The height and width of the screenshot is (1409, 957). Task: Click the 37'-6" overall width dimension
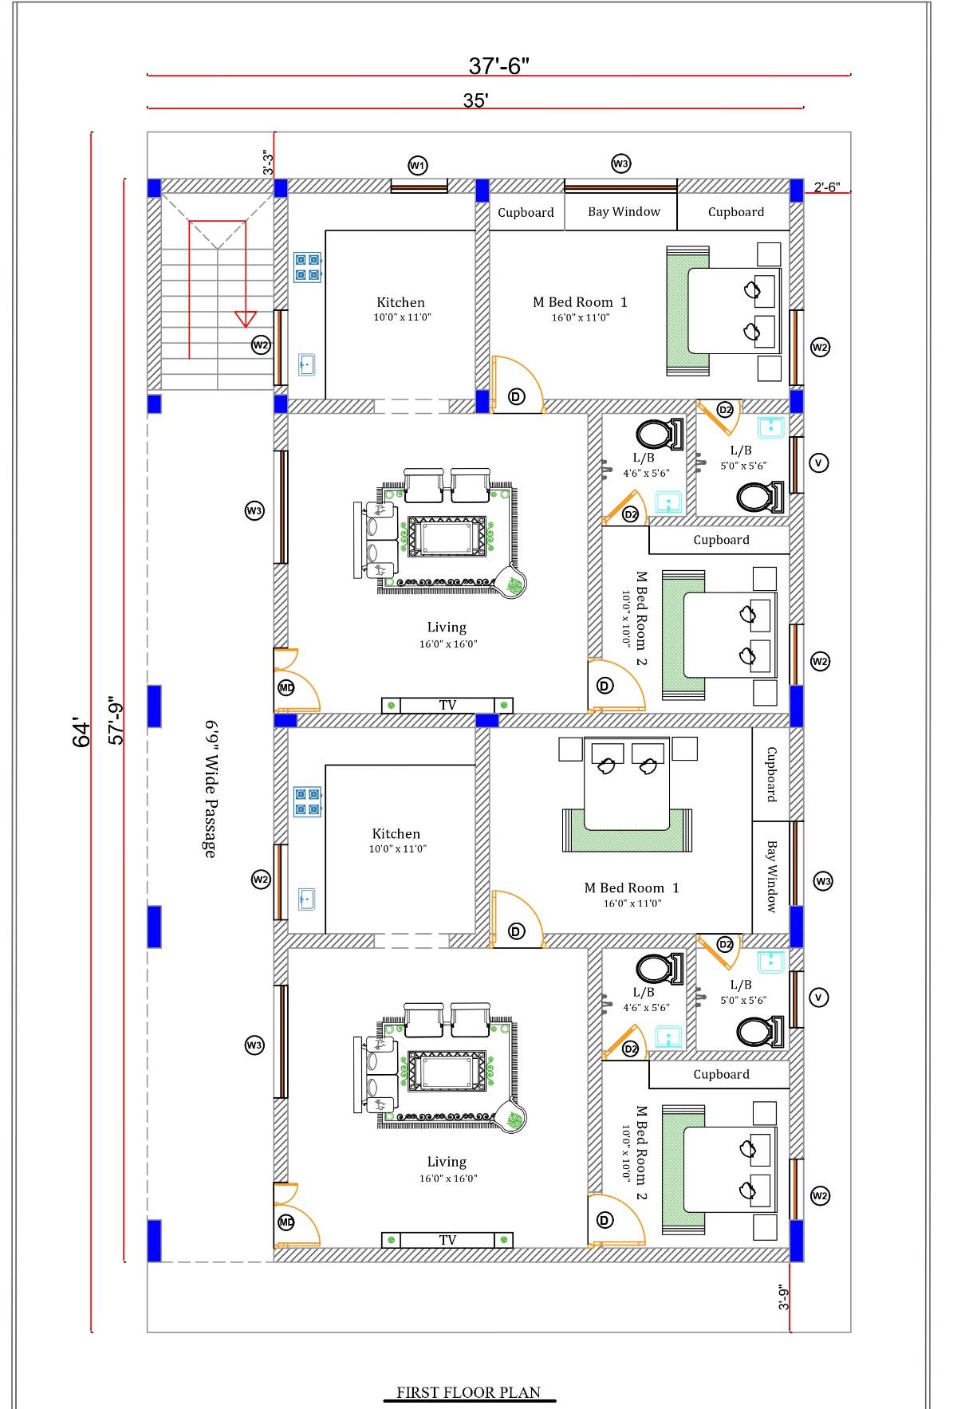tap(498, 65)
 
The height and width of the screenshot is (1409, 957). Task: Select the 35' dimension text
tap(475, 100)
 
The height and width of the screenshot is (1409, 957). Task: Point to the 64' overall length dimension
tap(81, 733)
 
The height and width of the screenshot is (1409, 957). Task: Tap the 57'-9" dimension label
tap(116, 720)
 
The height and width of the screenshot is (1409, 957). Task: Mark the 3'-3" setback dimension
tap(269, 163)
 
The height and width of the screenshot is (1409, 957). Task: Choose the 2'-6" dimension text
tap(826, 187)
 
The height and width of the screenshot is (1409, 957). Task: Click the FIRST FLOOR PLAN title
tap(468, 1392)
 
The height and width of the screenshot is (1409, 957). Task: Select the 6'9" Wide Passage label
tap(211, 789)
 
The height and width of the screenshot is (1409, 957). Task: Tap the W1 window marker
tap(417, 166)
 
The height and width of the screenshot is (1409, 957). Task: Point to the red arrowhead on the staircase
tap(245, 319)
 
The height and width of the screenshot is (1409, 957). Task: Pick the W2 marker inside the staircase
tap(261, 345)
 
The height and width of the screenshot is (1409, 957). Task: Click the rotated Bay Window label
tap(771, 876)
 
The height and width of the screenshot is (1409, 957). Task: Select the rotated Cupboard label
tap(771, 773)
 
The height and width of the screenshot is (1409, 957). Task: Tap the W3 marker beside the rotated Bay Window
tap(822, 881)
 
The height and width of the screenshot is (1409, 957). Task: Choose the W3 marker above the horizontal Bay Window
tap(620, 163)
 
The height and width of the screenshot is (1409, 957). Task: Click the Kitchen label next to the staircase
tap(400, 302)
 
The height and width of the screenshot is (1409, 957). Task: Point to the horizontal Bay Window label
tap(624, 211)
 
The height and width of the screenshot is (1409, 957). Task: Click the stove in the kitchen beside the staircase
tap(307, 267)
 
